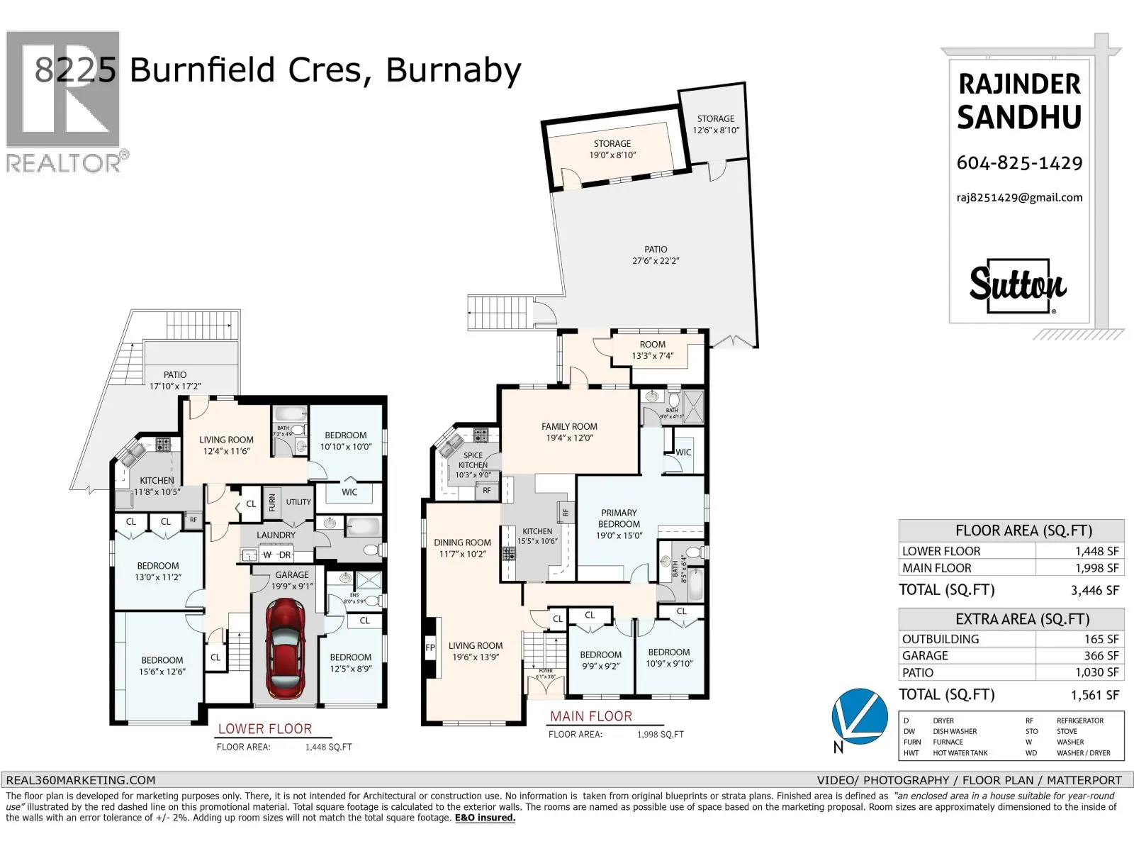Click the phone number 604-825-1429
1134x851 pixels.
coord(1019,163)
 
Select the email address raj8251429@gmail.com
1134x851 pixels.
coord(1019,198)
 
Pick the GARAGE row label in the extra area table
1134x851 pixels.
coord(925,656)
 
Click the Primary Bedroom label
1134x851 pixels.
coord(619,518)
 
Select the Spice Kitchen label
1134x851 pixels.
coord(473,460)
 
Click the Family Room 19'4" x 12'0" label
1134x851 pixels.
coord(569,432)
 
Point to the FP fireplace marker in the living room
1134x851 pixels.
coord(430,647)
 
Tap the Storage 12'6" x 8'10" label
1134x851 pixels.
coord(715,124)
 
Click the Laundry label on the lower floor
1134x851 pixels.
coord(276,535)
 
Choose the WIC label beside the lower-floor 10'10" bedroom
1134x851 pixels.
coord(349,492)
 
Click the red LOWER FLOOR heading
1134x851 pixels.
coord(264,729)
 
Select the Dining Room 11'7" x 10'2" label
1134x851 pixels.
coord(462,547)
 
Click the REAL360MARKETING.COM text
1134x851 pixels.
coord(80,780)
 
